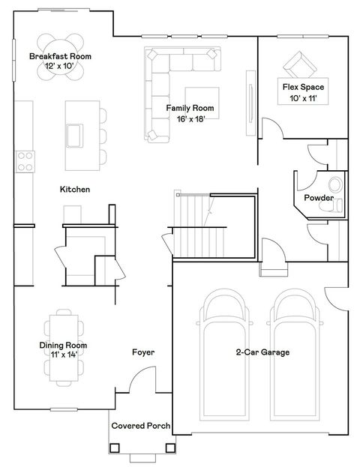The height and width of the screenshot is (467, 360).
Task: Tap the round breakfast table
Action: coord(61,45)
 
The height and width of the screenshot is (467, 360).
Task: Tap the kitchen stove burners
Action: coord(25,159)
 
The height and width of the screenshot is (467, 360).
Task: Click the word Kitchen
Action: coord(75,190)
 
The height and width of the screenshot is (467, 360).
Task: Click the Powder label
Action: coord(319,198)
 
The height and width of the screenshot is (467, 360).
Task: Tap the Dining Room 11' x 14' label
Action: coord(64,350)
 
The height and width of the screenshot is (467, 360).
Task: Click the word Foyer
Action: coord(143,352)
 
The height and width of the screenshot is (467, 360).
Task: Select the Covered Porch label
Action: coord(140,426)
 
